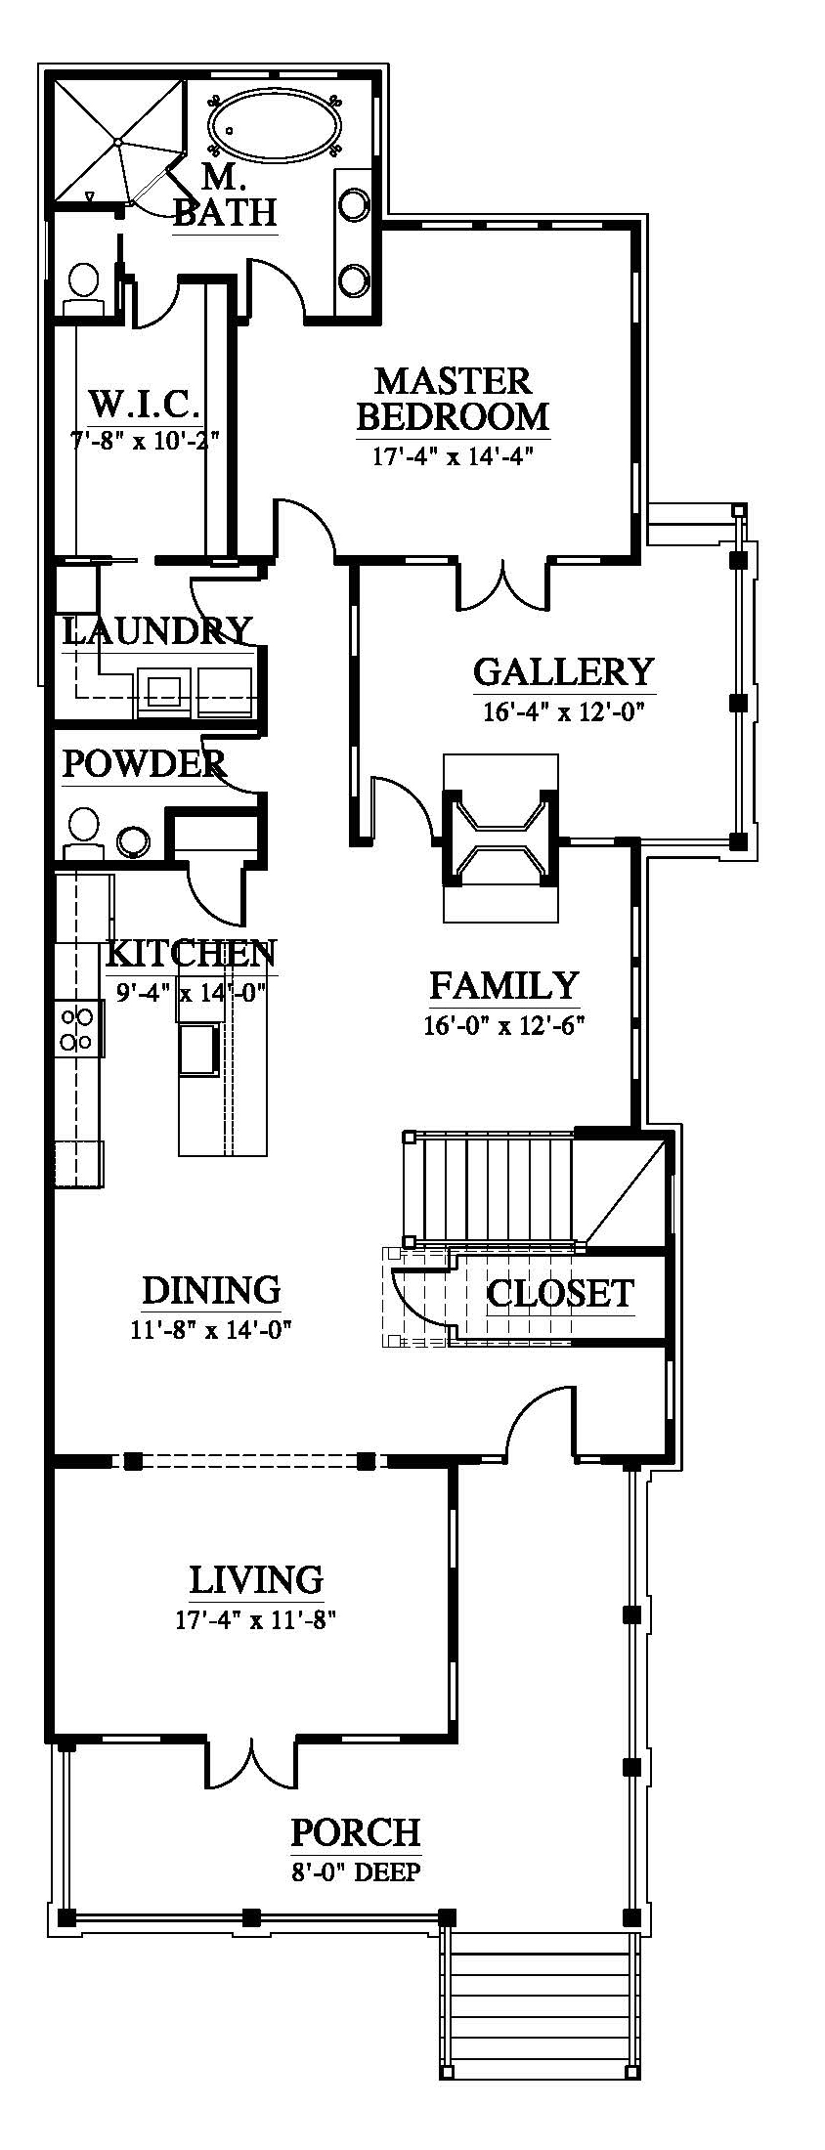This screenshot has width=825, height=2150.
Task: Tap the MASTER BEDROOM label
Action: [453, 399]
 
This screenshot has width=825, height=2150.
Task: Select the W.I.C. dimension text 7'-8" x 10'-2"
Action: [144, 440]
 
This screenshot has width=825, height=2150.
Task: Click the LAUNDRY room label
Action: [157, 630]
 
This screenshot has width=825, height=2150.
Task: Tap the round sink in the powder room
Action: [132, 840]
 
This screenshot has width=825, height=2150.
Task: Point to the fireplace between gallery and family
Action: [500, 838]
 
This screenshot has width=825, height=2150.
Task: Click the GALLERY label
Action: [563, 672]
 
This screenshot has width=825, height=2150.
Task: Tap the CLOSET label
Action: [560, 1293]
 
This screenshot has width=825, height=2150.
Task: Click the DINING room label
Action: [212, 1290]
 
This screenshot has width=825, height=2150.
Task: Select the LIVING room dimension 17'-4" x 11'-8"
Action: [256, 1619]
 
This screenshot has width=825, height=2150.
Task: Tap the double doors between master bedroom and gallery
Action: [502, 583]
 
